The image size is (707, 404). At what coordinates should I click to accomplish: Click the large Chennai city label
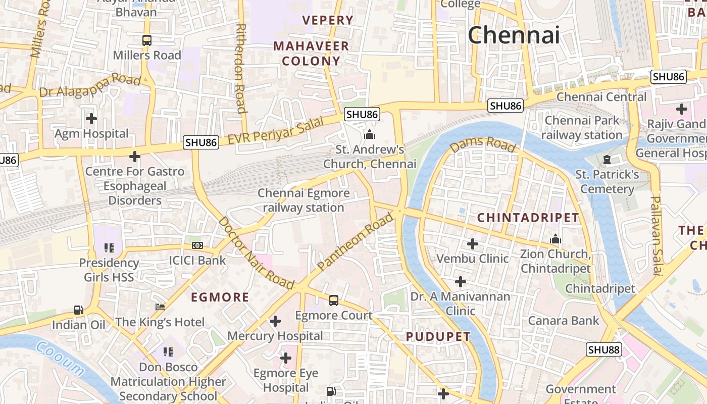tap(514, 35)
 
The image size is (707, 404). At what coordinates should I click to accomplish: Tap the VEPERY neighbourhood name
tap(328, 20)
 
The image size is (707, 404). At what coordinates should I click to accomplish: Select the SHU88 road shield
tap(604, 349)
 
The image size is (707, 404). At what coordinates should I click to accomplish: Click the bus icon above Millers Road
tap(147, 40)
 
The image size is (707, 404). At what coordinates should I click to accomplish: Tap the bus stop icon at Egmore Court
tap(334, 300)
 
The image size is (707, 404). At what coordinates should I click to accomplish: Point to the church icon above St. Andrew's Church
tap(370, 134)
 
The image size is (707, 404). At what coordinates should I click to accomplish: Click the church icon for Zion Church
tap(555, 239)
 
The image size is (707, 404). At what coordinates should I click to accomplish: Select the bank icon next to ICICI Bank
tap(197, 245)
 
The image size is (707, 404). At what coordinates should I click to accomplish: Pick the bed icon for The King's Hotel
tap(160, 307)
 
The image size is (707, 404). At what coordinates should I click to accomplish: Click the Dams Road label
tap(483, 144)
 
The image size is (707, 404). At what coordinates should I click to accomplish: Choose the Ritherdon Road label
tap(241, 68)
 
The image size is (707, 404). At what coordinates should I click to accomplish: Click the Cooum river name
tap(61, 359)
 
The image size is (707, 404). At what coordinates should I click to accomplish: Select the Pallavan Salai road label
tap(656, 235)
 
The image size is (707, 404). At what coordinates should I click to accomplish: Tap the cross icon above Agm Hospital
tap(91, 119)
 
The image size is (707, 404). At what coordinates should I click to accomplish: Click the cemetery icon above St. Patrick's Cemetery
tap(607, 160)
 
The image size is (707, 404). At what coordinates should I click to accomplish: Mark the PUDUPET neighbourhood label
tap(438, 337)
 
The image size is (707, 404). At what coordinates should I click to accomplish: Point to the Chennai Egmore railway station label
tap(304, 200)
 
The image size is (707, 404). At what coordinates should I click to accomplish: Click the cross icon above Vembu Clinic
tap(473, 244)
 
